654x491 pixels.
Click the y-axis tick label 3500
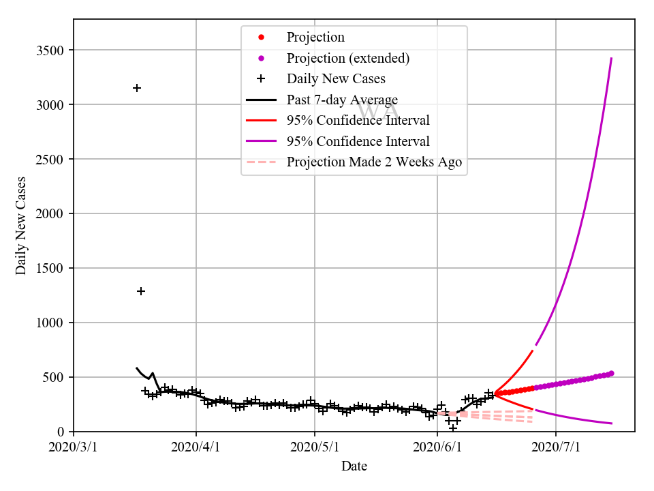(50, 50)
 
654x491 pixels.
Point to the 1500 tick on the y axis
(50, 268)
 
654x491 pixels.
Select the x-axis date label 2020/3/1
(74, 447)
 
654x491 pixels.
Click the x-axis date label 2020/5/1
(315, 447)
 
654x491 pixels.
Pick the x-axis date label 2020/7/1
(556, 447)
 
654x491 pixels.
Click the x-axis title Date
(354, 466)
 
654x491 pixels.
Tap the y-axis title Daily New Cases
(22, 225)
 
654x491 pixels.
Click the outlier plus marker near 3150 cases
(137, 88)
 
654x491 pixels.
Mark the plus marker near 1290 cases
(141, 291)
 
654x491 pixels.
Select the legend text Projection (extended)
(348, 58)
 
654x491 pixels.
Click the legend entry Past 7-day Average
(342, 100)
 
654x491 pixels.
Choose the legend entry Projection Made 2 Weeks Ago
(374, 162)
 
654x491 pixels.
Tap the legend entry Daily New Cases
(336, 79)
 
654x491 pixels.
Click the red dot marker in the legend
(261, 37)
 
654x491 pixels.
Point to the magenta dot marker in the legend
(261, 58)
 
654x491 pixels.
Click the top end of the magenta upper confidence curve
(611, 59)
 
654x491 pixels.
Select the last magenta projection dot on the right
(611, 373)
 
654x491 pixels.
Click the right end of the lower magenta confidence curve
(611, 423)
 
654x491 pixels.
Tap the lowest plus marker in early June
(453, 428)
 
